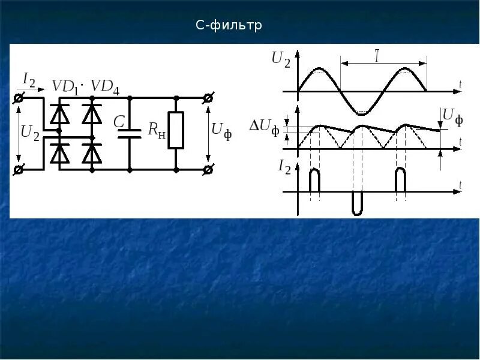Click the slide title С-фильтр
[x=230, y=26]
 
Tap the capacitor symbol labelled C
[x=130, y=133]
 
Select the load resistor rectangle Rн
[x=176, y=130]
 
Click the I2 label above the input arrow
[x=29, y=79]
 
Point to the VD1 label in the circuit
[x=65, y=87]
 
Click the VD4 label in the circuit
[x=104, y=87]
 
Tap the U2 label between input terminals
[x=29, y=133]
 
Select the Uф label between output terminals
[x=220, y=130]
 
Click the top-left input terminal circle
[x=19, y=97]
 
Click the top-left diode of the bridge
[x=59, y=113]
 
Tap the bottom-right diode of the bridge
[x=92, y=154]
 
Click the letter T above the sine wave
[x=377, y=57]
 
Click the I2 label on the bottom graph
[x=285, y=167]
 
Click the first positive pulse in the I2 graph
[x=314, y=181]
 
